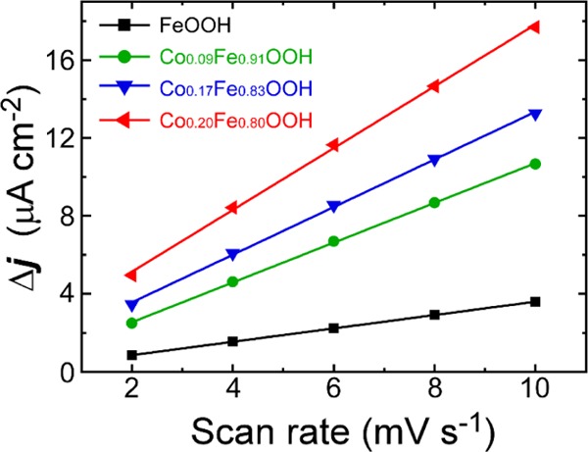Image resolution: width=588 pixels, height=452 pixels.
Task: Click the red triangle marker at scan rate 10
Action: pyautogui.click(x=534, y=26)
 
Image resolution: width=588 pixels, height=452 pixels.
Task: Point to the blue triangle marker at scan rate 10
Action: pyautogui.click(x=534, y=114)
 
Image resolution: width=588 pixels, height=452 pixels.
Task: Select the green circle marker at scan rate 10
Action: pyautogui.click(x=534, y=164)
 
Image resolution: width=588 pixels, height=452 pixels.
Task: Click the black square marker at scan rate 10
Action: pyautogui.click(x=534, y=301)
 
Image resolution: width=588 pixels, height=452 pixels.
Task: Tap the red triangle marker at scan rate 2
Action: pyautogui.click(x=131, y=276)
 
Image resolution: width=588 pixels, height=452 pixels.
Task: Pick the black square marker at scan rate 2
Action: pyautogui.click(x=131, y=355)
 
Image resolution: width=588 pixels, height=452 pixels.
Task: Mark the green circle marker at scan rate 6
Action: pyautogui.click(x=333, y=241)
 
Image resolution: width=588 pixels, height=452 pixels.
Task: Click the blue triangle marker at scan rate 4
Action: pyautogui.click(x=232, y=254)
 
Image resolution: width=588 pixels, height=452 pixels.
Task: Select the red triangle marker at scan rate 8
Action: pyautogui.click(x=433, y=86)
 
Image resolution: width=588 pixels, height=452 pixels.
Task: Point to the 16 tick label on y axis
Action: pyautogui.click(x=87, y=60)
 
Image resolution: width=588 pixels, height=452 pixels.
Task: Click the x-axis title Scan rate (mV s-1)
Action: pyautogui.click(x=333, y=430)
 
